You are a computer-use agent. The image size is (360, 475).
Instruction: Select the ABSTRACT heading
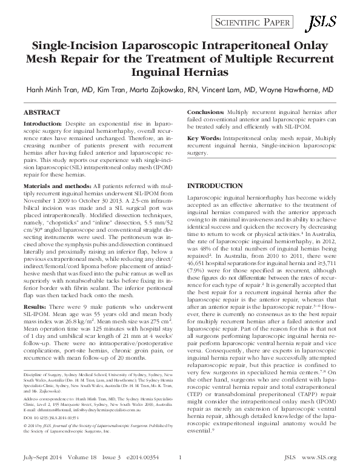coord(42,113)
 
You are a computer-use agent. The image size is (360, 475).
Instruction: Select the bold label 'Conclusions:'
coord(207,113)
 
